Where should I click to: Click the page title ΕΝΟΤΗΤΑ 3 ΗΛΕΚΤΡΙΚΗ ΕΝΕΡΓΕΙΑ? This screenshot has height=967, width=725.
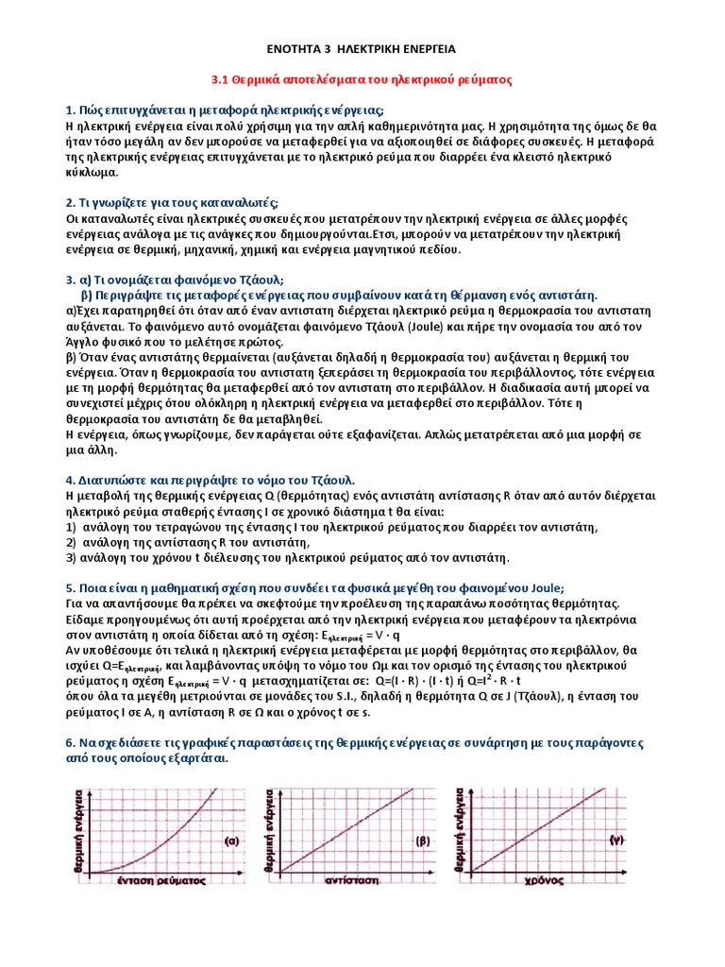click(362, 48)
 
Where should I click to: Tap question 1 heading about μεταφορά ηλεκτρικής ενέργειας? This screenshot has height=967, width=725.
click(222, 110)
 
